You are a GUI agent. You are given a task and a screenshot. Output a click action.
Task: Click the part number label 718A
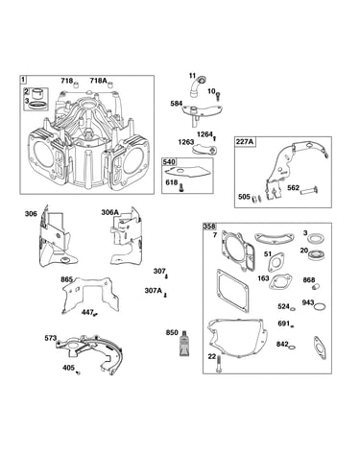click(98, 81)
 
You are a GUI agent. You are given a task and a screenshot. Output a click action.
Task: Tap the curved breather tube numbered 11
click(196, 86)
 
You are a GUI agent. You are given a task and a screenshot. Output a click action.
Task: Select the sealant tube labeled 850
click(184, 344)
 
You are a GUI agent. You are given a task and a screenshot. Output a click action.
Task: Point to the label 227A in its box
click(245, 141)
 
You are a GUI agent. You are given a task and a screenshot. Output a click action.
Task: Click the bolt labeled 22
click(219, 364)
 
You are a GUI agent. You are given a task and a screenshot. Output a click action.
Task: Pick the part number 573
click(51, 338)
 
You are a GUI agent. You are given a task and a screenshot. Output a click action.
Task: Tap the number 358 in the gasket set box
click(209, 227)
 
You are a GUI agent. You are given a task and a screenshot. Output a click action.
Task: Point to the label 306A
click(110, 212)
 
